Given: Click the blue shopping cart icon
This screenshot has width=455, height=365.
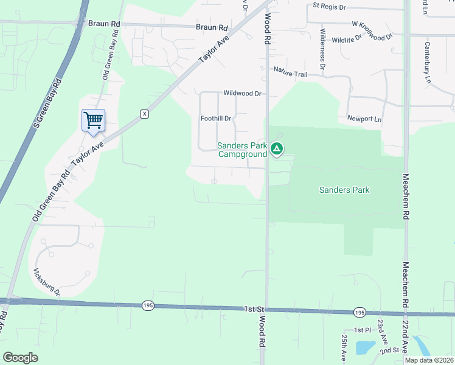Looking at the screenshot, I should tap(93, 120).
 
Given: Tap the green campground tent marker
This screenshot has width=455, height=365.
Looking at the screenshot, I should tap(277, 148).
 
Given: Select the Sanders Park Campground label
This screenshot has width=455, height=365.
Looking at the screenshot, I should tap(243, 150).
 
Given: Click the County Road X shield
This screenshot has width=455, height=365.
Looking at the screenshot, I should tap(144, 114).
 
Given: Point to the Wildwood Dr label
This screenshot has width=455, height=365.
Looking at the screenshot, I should tap(242, 94).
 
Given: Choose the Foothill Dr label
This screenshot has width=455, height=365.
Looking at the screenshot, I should tap(216, 119).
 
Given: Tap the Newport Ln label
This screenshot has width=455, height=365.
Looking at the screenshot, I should tap(364, 118).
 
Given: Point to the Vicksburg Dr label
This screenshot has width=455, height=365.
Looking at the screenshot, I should tap(47, 280).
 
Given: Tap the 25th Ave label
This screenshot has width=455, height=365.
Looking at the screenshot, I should tap(344, 345).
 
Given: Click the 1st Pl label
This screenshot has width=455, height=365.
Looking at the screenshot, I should tap(363, 330).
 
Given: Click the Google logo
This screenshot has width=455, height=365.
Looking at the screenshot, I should tap(20, 358).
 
